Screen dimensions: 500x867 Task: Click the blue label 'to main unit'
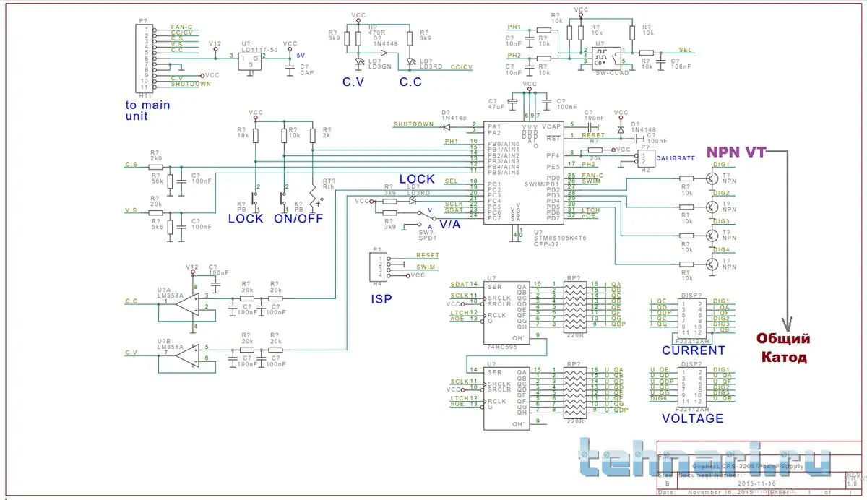147,110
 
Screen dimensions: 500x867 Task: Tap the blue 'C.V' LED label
354,82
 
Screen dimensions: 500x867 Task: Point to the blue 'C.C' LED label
410,82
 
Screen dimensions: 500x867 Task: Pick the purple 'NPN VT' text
736,152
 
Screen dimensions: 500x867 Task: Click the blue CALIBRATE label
676,158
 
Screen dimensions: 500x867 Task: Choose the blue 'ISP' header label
382,298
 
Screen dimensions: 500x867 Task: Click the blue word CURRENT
693,350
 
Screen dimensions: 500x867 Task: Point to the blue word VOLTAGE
692,418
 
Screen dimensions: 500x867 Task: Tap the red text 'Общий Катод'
782,348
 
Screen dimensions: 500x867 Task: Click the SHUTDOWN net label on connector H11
191,84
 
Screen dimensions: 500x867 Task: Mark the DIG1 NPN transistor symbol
713,178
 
